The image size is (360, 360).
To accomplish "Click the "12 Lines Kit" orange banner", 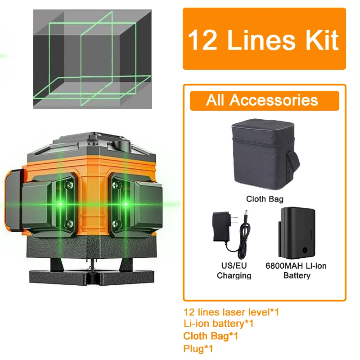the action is click(x=264, y=39).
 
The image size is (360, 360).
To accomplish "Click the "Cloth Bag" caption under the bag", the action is click(x=265, y=198).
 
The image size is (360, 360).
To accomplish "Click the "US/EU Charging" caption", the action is click(x=234, y=270).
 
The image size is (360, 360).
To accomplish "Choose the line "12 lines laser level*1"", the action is click(x=231, y=312).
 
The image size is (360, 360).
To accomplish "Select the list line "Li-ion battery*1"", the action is click(x=219, y=324).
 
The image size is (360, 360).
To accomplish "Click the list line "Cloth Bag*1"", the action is click(x=211, y=336).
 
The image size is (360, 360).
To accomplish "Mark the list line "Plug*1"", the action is click(x=198, y=348).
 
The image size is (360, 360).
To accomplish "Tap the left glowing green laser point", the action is click(x=58, y=204).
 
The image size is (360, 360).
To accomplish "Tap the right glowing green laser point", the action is click(x=126, y=204).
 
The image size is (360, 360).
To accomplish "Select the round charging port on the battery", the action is click(x=306, y=248).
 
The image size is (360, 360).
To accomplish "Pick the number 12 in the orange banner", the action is click(x=204, y=40).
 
